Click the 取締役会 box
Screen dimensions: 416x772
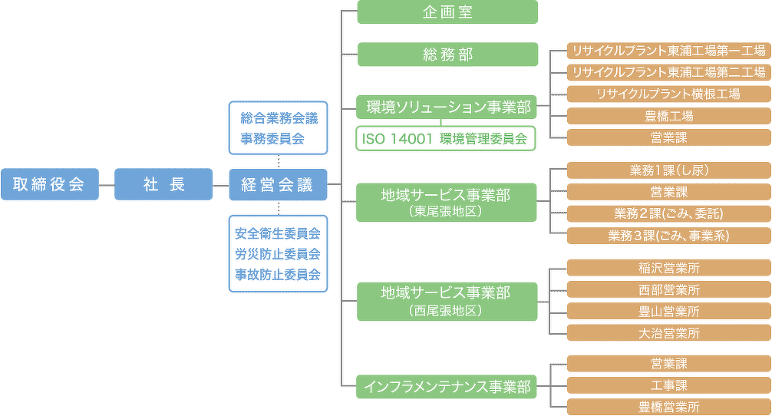click(50, 184)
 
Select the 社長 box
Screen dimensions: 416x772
click(163, 184)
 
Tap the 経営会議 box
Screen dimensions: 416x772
click(278, 184)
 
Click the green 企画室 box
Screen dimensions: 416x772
click(447, 12)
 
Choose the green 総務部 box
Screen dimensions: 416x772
click(447, 54)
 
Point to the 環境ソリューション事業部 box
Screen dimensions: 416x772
click(447, 107)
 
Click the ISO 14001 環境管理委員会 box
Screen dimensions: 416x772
click(446, 139)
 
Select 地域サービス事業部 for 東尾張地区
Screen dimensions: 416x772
click(446, 202)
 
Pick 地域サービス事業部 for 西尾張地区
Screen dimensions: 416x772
click(446, 300)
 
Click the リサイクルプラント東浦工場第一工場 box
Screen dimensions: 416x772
click(668, 51)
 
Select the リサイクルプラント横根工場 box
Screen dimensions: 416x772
click(668, 94)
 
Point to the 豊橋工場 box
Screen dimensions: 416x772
click(668, 116)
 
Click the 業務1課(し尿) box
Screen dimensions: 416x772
click(668, 170)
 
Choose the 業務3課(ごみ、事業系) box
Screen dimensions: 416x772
click(668, 236)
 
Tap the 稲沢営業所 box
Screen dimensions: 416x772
click(668, 268)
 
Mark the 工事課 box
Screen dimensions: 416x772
click(668, 385)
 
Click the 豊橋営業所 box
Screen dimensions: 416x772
click(668, 407)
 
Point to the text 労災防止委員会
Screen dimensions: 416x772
click(278, 253)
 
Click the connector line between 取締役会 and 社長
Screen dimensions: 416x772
click(107, 185)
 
